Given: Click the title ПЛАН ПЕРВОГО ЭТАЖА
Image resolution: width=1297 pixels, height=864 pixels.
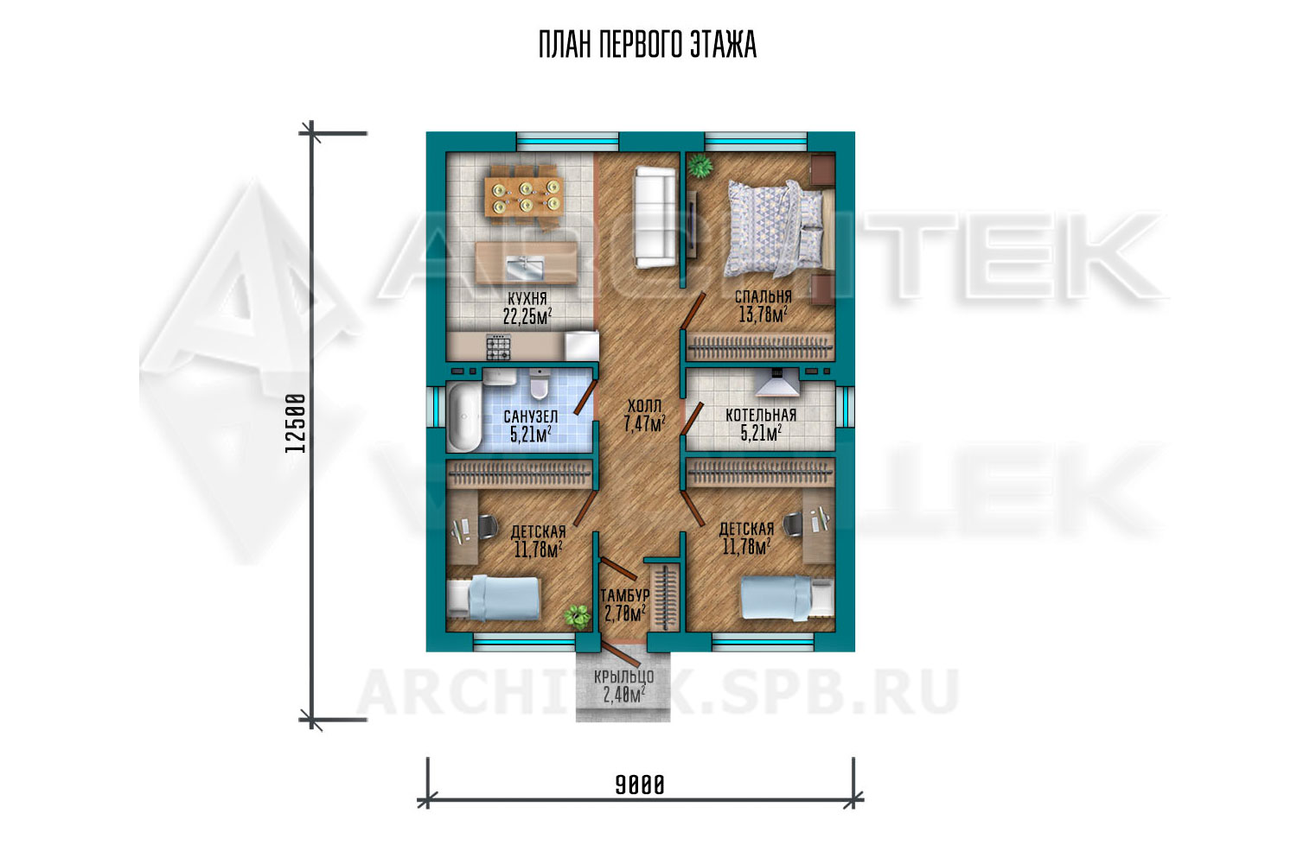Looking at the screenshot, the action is click(x=648, y=45).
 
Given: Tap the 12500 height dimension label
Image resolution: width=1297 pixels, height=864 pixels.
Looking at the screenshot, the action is click(x=296, y=423).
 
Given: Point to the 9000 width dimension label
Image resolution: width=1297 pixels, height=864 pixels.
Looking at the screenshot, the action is click(x=640, y=785).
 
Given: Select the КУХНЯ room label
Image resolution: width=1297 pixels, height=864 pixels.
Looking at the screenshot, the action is click(x=527, y=299).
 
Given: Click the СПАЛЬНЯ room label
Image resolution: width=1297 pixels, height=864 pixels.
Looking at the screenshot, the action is click(x=764, y=297).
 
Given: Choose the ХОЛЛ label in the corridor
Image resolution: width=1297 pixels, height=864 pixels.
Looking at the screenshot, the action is click(x=644, y=406).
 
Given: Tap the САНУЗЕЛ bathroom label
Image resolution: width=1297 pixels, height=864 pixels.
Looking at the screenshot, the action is click(x=530, y=416).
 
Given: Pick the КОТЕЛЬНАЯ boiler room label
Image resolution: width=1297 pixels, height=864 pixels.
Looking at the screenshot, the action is click(x=761, y=415).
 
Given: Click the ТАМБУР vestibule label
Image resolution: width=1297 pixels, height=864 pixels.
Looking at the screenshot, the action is click(x=625, y=595).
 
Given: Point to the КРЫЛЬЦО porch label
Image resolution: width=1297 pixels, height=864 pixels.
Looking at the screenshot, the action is click(x=623, y=677).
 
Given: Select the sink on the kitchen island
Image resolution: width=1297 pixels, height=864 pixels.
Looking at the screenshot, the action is click(x=525, y=268).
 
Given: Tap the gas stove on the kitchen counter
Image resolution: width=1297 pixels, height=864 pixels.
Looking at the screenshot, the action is click(x=499, y=347).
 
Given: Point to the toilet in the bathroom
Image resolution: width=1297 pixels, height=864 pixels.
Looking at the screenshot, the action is click(x=539, y=384).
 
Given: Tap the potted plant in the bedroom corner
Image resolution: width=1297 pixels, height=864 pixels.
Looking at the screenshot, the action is click(x=700, y=166).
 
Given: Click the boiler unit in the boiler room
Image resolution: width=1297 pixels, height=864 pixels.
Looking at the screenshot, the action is click(x=777, y=382).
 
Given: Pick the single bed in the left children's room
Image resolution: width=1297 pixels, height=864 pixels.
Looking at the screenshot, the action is click(x=494, y=599).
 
